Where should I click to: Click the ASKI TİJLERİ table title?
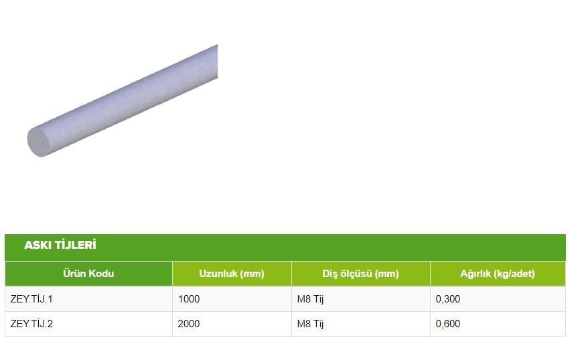pos(60,245)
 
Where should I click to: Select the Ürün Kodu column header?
pos(88,274)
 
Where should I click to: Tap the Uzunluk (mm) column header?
pos(232,274)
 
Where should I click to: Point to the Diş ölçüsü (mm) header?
pos(361,274)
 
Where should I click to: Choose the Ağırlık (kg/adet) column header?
pos(498,274)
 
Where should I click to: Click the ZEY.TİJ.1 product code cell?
pos(31,298)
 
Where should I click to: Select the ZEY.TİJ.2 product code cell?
pos(31,324)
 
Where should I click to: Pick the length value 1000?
pos(189,298)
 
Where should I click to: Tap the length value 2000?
pos(189,324)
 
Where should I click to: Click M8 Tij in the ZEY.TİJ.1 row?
pos(310,299)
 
